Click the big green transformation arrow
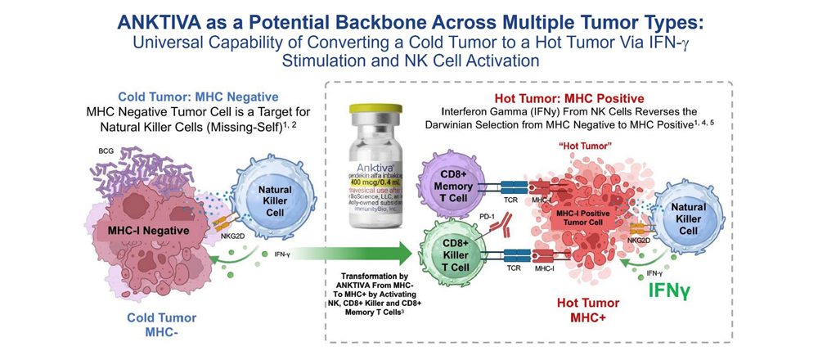[x=360, y=256]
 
